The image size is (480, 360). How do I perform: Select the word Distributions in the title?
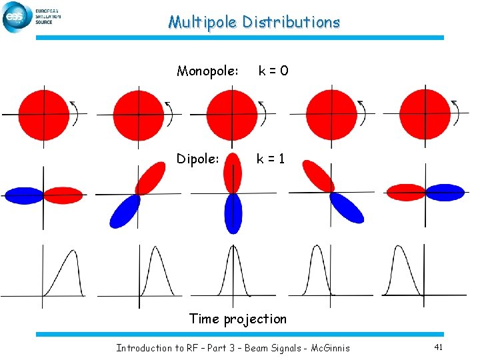pos(291,22)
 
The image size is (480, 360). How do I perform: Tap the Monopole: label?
pos(207,71)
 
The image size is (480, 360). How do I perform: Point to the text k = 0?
pos(273,71)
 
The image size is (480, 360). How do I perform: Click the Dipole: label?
pos(198,159)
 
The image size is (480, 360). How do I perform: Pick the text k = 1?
pos(272,159)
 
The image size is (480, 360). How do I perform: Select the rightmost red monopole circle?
pos(425,115)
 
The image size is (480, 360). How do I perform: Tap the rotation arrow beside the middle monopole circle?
pos(263,113)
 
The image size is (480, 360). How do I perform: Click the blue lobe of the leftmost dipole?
pos(24,195)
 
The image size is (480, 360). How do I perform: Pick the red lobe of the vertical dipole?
pos(233,172)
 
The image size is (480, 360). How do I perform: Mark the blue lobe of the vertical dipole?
pos(233,213)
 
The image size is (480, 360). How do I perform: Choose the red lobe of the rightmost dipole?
pos(406,192)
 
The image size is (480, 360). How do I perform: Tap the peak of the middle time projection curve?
pos(233,247)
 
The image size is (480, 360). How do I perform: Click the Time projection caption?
pos(238,319)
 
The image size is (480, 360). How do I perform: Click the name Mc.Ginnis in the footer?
pos(330,347)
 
